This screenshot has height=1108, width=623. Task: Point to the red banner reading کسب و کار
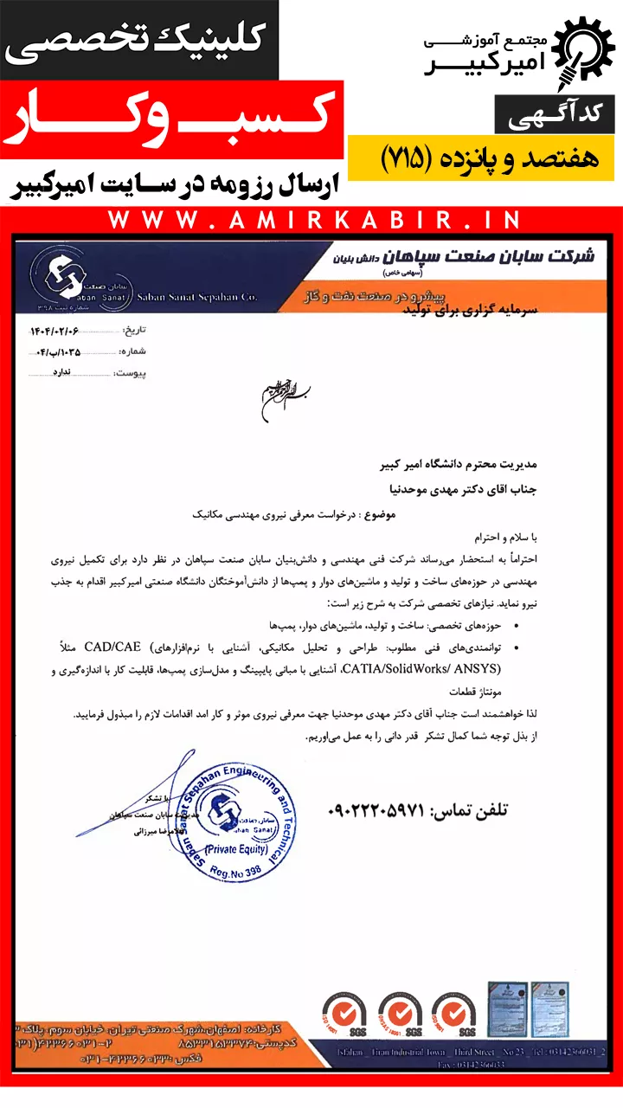pyautogui.click(x=173, y=121)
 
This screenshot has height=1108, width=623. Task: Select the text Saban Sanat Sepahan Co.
pyautogui.click(x=196, y=297)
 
